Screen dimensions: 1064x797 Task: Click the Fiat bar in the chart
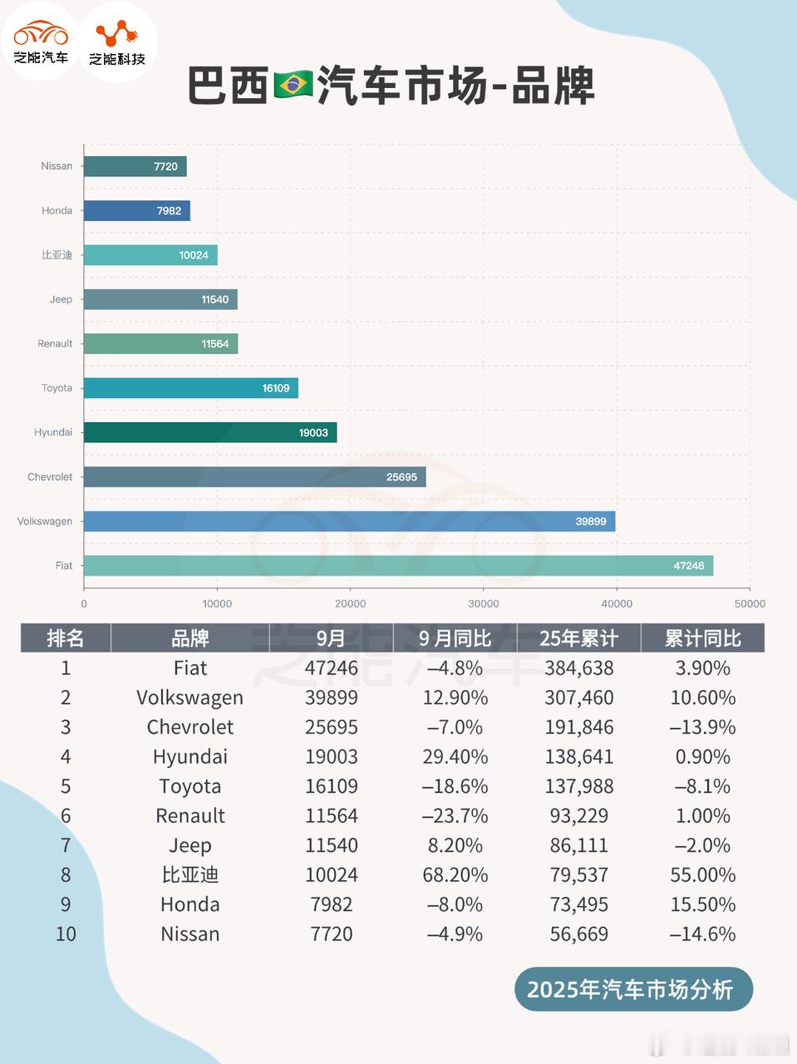[398, 565]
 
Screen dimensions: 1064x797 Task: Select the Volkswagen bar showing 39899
[349, 521]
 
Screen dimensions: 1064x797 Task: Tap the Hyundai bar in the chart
[209, 432]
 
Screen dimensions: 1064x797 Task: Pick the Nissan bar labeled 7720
[135, 166]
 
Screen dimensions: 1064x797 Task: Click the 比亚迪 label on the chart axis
[57, 255]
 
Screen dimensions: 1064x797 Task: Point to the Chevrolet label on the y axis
[50, 477]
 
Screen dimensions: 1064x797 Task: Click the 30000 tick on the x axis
[484, 604]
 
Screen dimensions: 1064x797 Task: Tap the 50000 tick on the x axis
[750, 604]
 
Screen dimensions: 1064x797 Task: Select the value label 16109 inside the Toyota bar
[276, 388]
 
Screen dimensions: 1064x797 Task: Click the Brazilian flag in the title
[293, 85]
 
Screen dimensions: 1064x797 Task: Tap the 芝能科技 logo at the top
[117, 42]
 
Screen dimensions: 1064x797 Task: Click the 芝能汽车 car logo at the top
[41, 42]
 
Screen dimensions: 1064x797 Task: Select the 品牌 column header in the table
[189, 638]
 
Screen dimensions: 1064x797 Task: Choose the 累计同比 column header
[702, 638]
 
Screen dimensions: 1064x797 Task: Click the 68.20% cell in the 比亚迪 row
[455, 875]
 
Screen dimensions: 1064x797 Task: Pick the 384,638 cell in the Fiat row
[578, 668]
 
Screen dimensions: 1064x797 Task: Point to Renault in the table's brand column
[189, 816]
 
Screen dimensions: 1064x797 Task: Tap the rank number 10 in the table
[66, 934]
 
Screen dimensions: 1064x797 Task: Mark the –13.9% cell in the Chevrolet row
[702, 727]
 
